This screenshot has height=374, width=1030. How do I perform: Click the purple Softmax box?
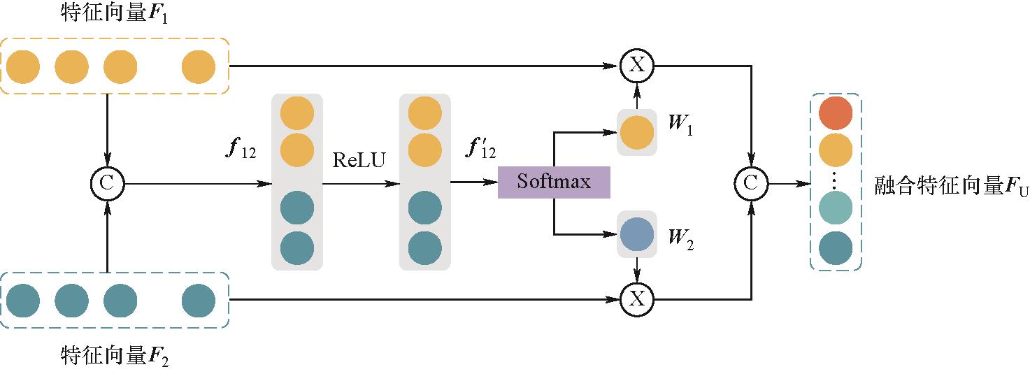coord(554,182)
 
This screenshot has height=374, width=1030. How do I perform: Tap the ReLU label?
coord(359,160)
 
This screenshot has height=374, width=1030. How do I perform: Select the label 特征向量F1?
coord(115,15)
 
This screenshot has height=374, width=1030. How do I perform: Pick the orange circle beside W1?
coord(636,133)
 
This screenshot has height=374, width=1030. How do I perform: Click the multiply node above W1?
coord(637,66)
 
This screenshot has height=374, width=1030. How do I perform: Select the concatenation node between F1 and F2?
coord(107,184)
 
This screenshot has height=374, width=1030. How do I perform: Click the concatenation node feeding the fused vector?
coord(750,184)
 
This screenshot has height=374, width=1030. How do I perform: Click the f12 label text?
coord(241,150)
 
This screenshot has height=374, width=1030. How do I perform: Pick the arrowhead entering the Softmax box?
coord(492,183)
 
